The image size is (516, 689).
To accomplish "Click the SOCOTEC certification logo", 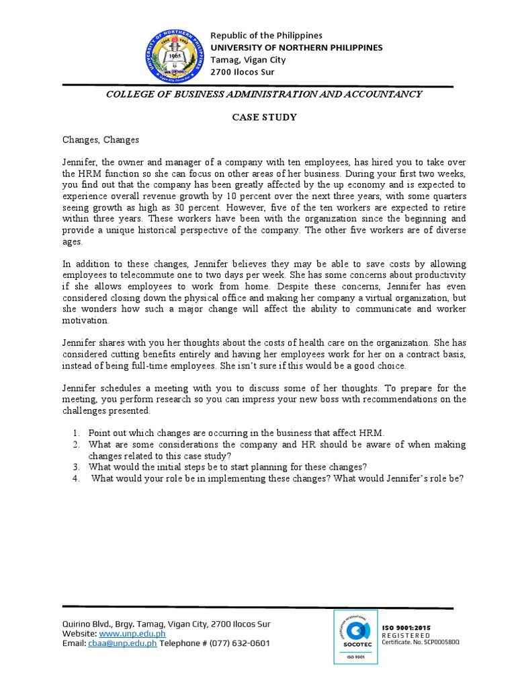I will click(x=355, y=636).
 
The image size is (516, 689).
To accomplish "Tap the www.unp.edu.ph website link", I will click(x=132, y=634).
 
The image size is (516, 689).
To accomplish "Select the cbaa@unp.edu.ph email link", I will click(x=122, y=643).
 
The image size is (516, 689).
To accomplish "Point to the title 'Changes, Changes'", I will click(x=101, y=140).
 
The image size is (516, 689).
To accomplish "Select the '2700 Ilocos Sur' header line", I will click(x=243, y=71).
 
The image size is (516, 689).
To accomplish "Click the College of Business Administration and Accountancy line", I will click(x=264, y=94).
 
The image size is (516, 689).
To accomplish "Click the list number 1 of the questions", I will click(x=77, y=433).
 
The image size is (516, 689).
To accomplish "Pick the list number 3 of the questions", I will click(x=77, y=468).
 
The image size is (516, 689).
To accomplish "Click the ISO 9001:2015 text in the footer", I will click(x=406, y=628).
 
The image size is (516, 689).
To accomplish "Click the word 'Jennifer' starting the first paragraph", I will click(x=80, y=163).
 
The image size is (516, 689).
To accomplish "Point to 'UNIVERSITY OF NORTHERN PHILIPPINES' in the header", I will click(x=297, y=47).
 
